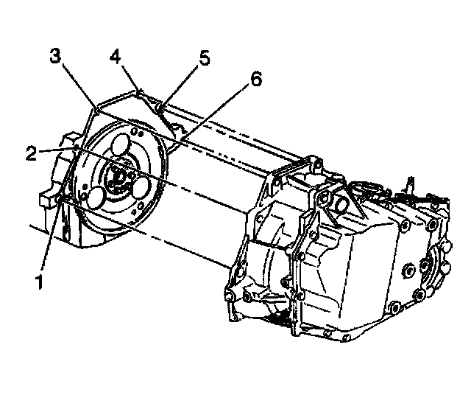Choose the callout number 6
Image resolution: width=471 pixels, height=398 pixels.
coord(255,79)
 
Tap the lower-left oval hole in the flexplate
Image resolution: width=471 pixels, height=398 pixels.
coord(97,197)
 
